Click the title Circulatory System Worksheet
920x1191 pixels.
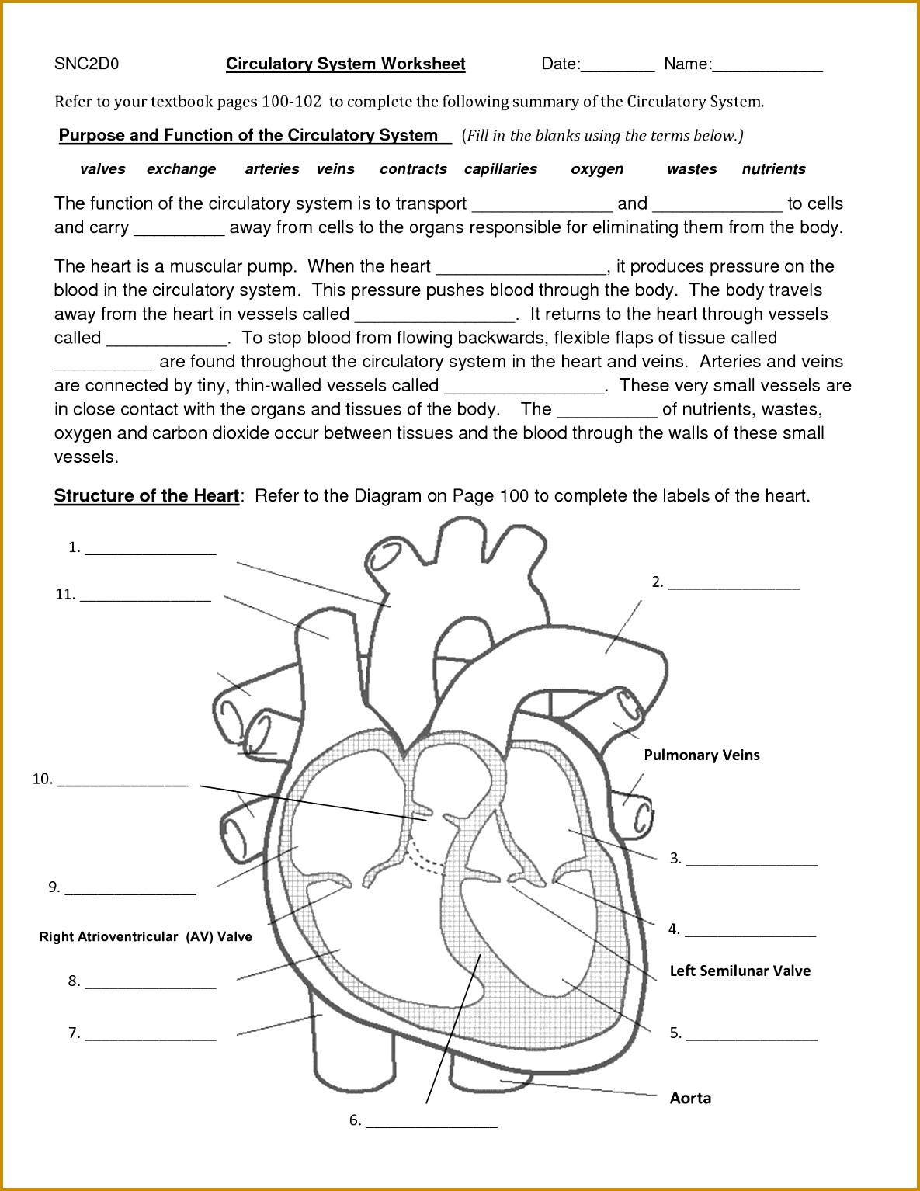[x=345, y=64]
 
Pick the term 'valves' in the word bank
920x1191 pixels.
[x=102, y=169]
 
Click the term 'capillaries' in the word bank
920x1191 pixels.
[x=501, y=169]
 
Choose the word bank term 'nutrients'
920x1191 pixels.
[x=773, y=169]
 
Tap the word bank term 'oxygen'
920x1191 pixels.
[x=597, y=169]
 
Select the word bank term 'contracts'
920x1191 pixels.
[x=413, y=169]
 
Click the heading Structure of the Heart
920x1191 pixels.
[x=147, y=496]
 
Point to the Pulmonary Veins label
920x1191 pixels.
[x=702, y=755]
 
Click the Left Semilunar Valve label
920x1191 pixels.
[x=740, y=971]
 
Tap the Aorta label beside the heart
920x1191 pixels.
[x=690, y=1099]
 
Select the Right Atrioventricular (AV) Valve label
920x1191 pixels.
[x=146, y=937]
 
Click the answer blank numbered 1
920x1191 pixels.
[x=151, y=550]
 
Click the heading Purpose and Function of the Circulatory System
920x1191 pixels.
[x=248, y=136]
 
